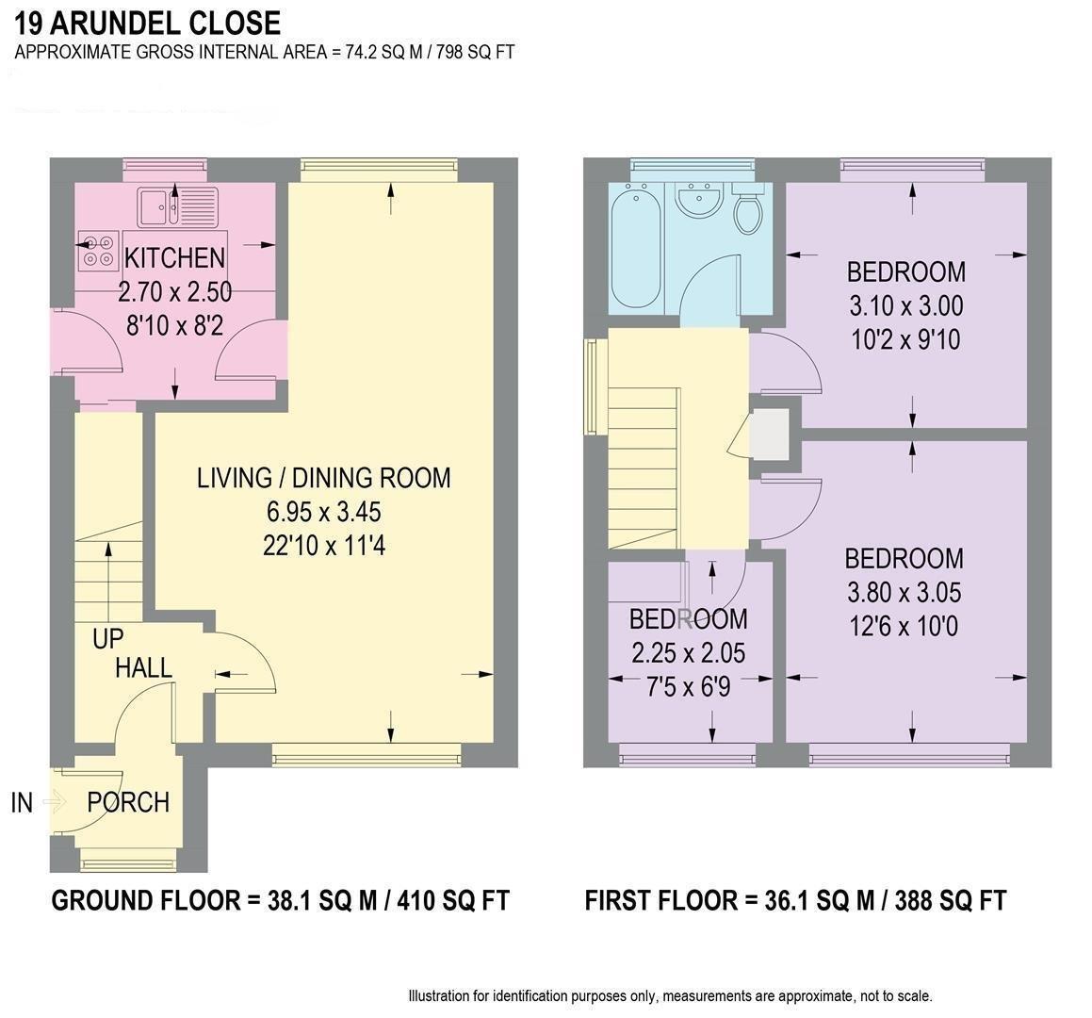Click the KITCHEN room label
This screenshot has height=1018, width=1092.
pos(175,257)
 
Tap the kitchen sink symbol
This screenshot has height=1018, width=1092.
pos(176,206)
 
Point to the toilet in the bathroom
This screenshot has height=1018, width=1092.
pos(748,212)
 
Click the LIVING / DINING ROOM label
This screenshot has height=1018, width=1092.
pos(323,478)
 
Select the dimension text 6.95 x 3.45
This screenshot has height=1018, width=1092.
pos(323,512)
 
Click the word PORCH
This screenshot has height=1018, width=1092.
pos(128,802)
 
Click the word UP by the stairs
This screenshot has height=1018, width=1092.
pos(107,639)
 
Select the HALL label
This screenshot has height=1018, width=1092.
pos(143,668)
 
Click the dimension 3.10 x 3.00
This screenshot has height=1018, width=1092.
pos(905,305)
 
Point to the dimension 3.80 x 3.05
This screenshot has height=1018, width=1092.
pos(904,593)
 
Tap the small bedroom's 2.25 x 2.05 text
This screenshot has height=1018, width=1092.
pos(688,653)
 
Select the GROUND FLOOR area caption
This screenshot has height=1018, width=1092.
pos(280,900)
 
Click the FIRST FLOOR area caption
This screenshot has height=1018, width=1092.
pos(795,900)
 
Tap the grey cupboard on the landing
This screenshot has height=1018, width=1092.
pos(771,433)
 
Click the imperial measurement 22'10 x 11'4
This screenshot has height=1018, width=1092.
pos(323,546)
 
